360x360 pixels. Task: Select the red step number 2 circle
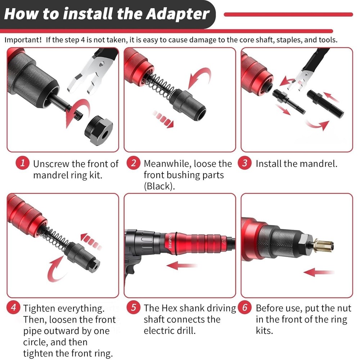point(134,163)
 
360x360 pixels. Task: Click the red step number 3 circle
point(245,163)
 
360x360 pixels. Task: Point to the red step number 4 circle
point(13,308)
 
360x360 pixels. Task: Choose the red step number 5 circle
point(134,308)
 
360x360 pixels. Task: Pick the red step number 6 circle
point(245,308)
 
